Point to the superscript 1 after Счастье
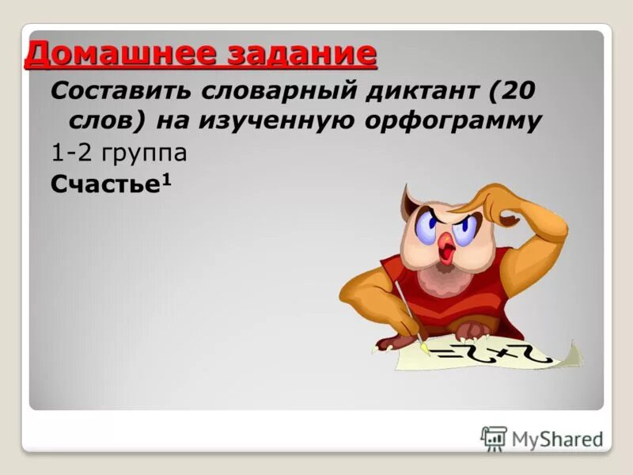[167, 178]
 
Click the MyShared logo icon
[494, 438]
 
